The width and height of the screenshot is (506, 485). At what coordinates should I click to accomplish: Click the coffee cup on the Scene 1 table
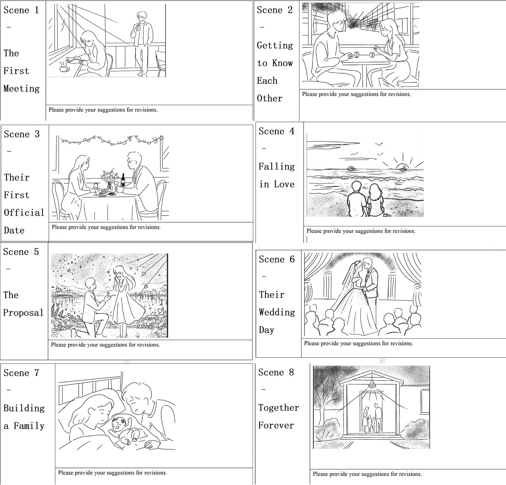pos(65,69)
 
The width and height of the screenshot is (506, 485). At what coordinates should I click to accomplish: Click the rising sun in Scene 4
pos(403,167)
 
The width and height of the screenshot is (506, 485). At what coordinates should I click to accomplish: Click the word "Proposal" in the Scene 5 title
pos(23,313)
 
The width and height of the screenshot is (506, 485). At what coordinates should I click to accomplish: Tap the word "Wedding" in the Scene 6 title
pos(277,312)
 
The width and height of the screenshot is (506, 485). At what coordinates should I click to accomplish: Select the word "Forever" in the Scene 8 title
pos(276,425)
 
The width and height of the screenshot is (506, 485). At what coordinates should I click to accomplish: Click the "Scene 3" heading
pos(22,134)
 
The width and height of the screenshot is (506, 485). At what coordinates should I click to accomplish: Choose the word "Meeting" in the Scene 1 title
pos(22,88)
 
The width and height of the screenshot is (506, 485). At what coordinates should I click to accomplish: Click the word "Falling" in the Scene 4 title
pos(277,167)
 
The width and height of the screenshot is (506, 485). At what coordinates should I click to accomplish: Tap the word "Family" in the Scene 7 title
pos(29,426)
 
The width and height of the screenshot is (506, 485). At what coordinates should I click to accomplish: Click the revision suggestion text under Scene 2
pos(356,94)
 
